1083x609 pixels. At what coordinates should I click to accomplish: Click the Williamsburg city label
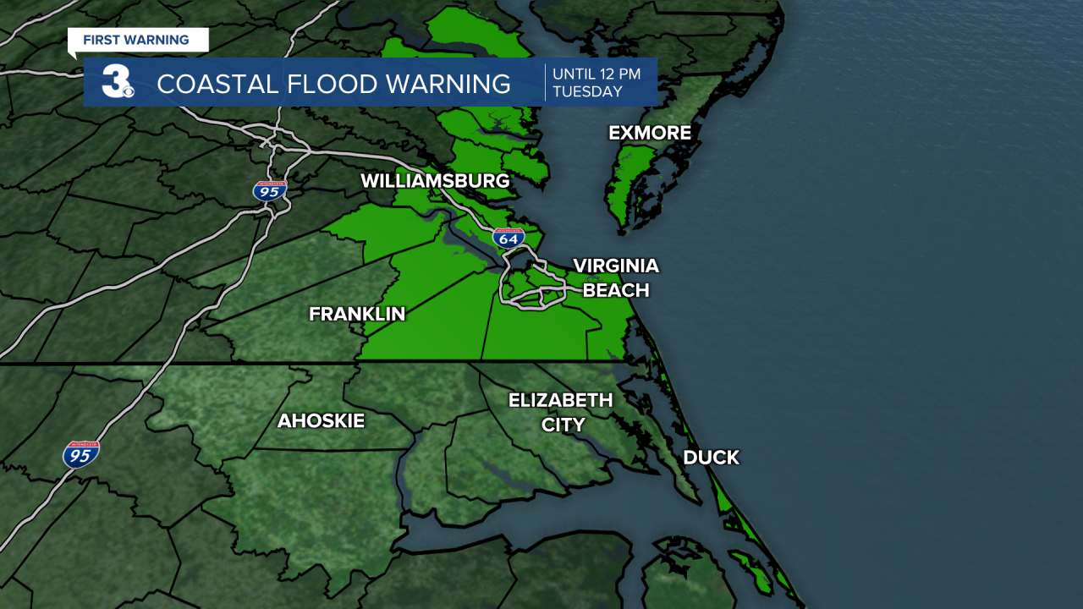click(x=435, y=181)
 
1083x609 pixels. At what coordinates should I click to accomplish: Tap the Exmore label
click(x=650, y=133)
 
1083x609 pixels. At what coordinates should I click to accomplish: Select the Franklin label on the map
click(x=357, y=314)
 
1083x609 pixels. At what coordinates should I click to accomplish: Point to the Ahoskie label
click(x=321, y=420)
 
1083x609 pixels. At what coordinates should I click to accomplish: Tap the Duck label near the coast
click(x=711, y=458)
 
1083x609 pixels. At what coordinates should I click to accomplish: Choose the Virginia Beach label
click(x=615, y=277)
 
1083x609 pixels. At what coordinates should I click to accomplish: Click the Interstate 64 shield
click(x=509, y=238)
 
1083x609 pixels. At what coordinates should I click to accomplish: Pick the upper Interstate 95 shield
click(x=270, y=190)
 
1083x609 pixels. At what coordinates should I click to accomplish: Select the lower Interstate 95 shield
click(x=81, y=454)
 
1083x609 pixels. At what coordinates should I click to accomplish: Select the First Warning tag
click(x=135, y=40)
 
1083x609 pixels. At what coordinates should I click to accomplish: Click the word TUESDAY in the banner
click(x=587, y=91)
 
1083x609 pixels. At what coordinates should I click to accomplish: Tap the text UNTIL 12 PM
click(x=596, y=74)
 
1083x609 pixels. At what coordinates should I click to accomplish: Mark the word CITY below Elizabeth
click(x=563, y=425)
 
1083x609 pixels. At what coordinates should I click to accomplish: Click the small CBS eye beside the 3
click(x=128, y=91)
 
